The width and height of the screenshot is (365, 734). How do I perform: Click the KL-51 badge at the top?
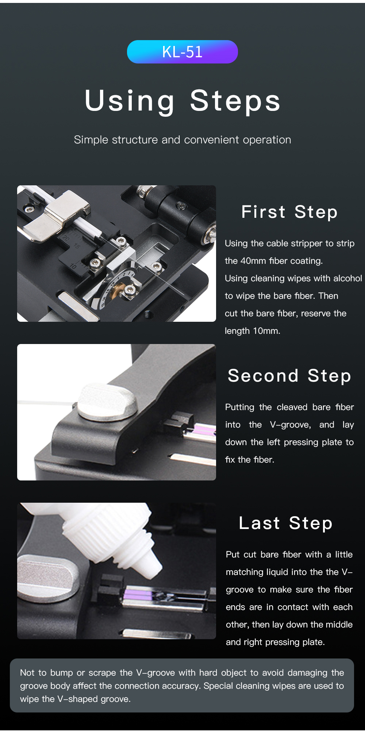click(182, 52)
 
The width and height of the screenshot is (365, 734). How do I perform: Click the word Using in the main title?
click(130, 101)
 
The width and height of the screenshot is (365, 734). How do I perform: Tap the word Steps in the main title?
click(235, 101)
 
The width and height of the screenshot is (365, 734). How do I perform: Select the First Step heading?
click(289, 212)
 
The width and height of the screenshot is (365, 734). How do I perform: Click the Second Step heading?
click(289, 376)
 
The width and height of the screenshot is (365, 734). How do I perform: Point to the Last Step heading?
click(286, 523)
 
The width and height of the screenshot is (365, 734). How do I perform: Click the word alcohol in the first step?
click(347, 278)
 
